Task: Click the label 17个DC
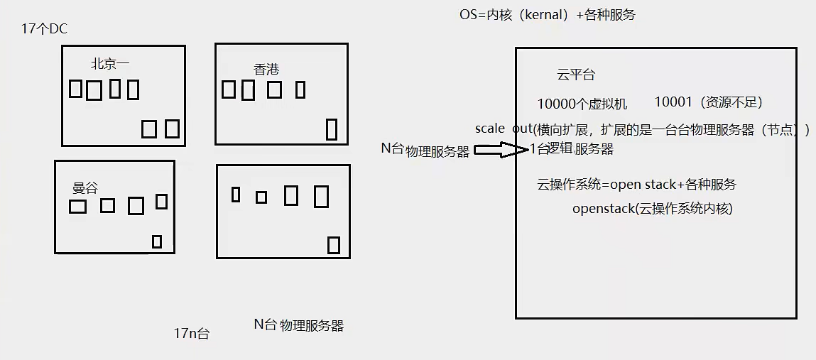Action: tap(45, 29)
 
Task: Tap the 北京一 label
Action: tap(110, 63)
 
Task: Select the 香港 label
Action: tap(266, 69)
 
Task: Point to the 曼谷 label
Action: tap(85, 188)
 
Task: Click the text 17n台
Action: tap(192, 333)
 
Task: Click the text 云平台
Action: tap(576, 75)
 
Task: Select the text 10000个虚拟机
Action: tap(582, 104)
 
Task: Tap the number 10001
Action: tap(673, 102)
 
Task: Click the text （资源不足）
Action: tap(731, 103)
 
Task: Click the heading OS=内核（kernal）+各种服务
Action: tap(547, 14)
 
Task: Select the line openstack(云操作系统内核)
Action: tap(652, 209)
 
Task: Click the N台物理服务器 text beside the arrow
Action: tap(425, 150)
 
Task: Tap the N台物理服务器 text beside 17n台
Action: tap(299, 325)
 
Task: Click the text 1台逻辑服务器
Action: tap(572, 149)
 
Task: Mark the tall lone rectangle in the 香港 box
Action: tap(331, 130)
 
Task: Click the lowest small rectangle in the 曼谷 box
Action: tap(157, 241)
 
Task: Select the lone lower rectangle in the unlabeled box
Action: tap(334, 245)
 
